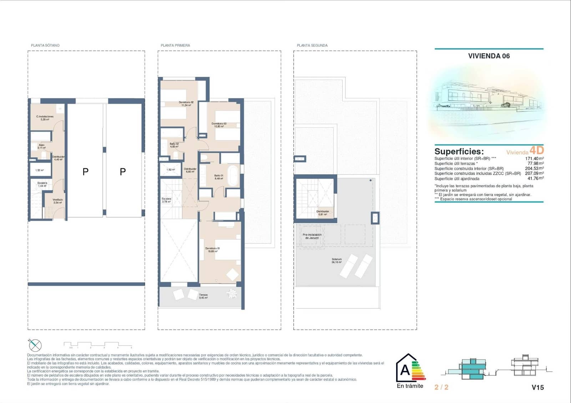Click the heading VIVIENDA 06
coord(489,56)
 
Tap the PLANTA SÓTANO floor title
coord(45,45)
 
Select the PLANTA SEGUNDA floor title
coord(312,45)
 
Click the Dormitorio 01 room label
coord(213,250)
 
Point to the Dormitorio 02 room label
coord(186,103)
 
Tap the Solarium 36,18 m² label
coord(337,261)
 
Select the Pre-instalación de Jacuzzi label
coord(312,236)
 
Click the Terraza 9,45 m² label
coord(203,296)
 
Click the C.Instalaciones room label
coord(45,118)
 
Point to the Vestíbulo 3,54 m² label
coord(57,201)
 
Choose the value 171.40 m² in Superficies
coord(534,158)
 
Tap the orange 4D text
coord(536,150)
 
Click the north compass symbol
coord(35,345)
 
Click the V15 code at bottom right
coord(537,387)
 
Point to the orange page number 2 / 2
coord(441,387)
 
